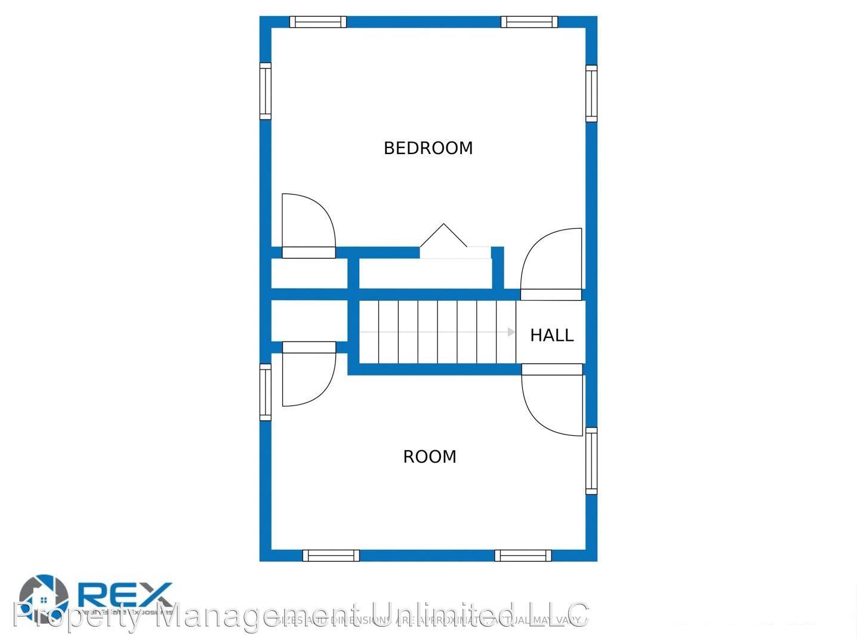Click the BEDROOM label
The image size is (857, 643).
coord(428,148)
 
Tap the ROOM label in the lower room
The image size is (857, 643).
coord(430,457)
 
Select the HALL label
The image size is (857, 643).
coord(551,336)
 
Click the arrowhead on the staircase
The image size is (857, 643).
coord(511,332)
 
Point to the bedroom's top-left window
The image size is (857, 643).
coord(317,22)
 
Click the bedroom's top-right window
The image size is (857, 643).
coord(529,22)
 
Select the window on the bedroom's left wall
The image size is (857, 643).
coord(266,91)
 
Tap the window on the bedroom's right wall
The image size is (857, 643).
coord(591,93)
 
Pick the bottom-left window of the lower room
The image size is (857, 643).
coord(331,555)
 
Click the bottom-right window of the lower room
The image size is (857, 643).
coord(523,555)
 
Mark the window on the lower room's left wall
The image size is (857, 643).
coord(266,392)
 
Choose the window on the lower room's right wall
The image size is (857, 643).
coord(591,461)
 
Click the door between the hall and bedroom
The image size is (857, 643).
coord(551,263)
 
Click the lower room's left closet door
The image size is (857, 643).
coord(309,375)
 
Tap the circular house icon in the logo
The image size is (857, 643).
coord(44,597)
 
